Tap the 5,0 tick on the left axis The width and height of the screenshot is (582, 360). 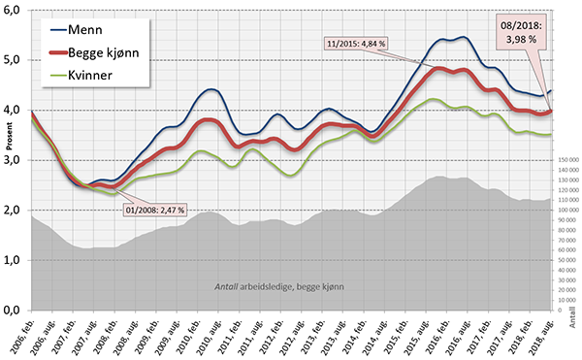point(14,60)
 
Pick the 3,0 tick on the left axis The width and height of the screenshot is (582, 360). point(14,160)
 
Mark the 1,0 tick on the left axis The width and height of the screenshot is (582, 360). point(14,260)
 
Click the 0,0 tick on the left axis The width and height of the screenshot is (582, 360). point(14,310)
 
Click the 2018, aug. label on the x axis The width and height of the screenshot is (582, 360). point(543,335)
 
